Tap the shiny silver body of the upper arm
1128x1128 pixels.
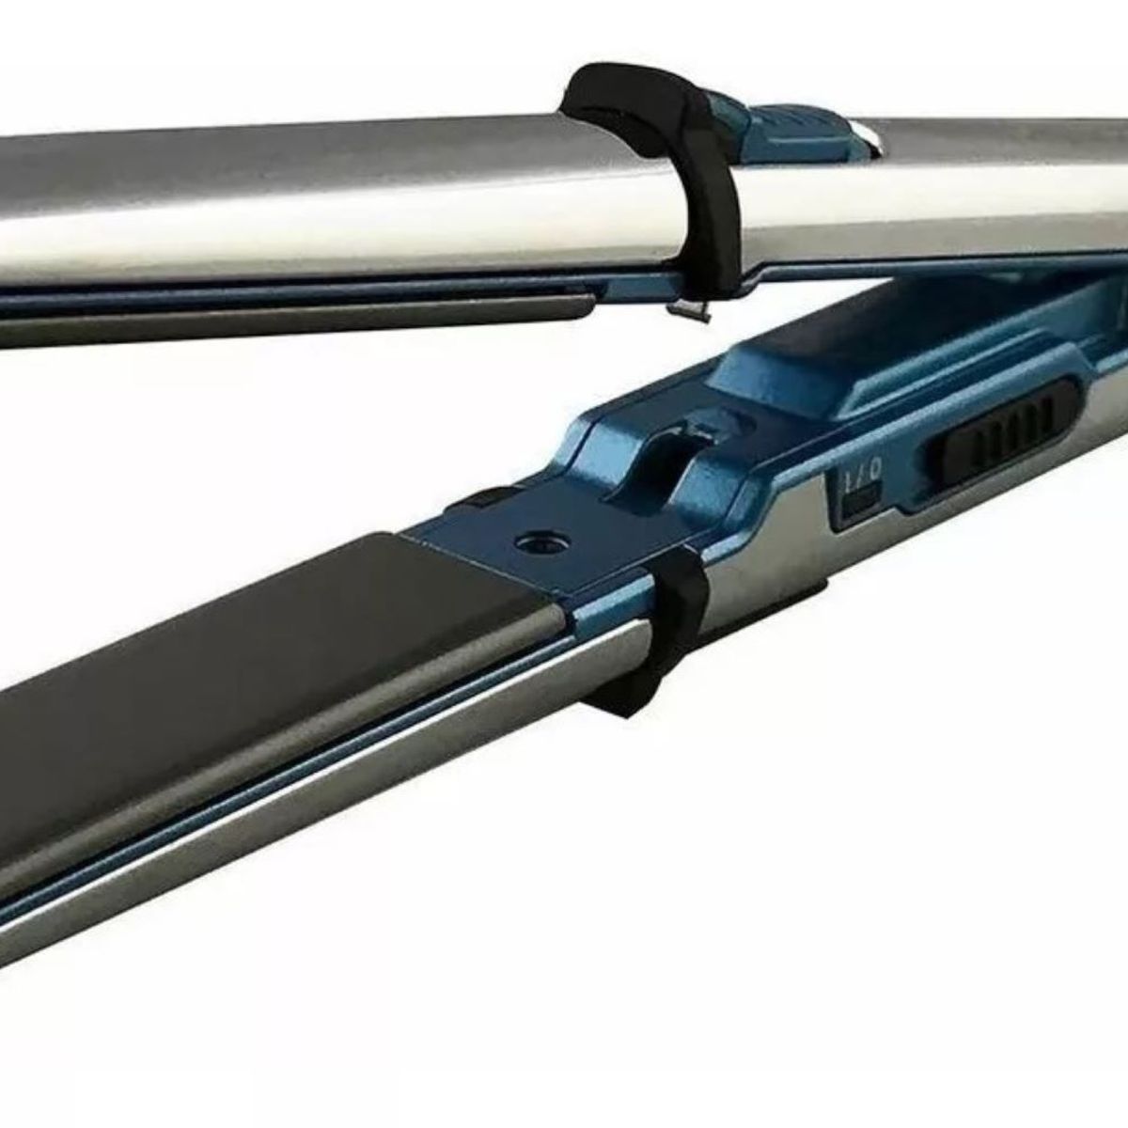point(376,207)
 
